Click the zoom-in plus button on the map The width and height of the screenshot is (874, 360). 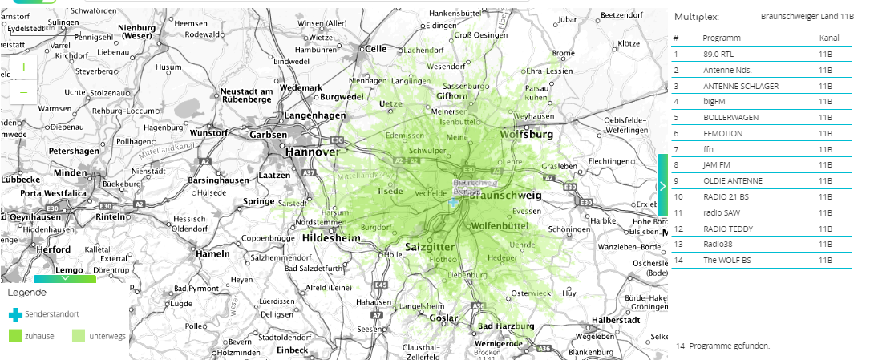[23, 67]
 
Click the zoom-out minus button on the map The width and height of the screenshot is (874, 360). [23, 92]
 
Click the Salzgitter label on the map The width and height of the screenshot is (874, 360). [431, 246]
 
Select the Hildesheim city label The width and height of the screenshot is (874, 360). [332, 239]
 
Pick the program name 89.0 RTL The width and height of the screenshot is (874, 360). [718, 55]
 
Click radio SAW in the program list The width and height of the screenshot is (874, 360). [718, 212]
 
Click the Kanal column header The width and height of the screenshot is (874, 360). [828, 38]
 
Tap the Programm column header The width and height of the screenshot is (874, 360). [721, 38]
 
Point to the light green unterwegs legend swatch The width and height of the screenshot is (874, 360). [79, 336]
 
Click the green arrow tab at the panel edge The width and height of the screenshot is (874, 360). [662, 185]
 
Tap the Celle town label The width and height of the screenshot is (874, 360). [375, 48]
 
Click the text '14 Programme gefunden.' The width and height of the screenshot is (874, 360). [722, 346]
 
